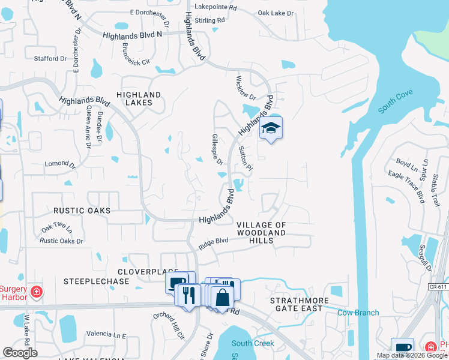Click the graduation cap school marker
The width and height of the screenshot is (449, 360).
click(x=271, y=128)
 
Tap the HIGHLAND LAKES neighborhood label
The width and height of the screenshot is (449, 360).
click(x=139, y=99)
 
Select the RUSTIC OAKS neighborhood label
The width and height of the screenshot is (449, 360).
click(x=82, y=211)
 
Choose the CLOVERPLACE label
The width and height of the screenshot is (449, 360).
click(x=140, y=271)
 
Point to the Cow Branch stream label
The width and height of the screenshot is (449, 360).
click(x=358, y=313)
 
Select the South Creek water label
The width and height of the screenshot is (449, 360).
click(x=253, y=343)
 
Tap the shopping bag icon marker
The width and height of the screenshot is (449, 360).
click(x=222, y=297)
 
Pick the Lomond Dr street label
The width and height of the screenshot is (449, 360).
click(x=60, y=164)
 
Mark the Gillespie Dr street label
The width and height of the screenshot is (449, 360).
click(x=217, y=150)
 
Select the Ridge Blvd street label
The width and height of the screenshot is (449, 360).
click(x=214, y=243)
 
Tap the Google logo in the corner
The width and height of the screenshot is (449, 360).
click(x=20, y=353)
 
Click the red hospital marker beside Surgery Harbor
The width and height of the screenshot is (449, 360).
click(x=37, y=292)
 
